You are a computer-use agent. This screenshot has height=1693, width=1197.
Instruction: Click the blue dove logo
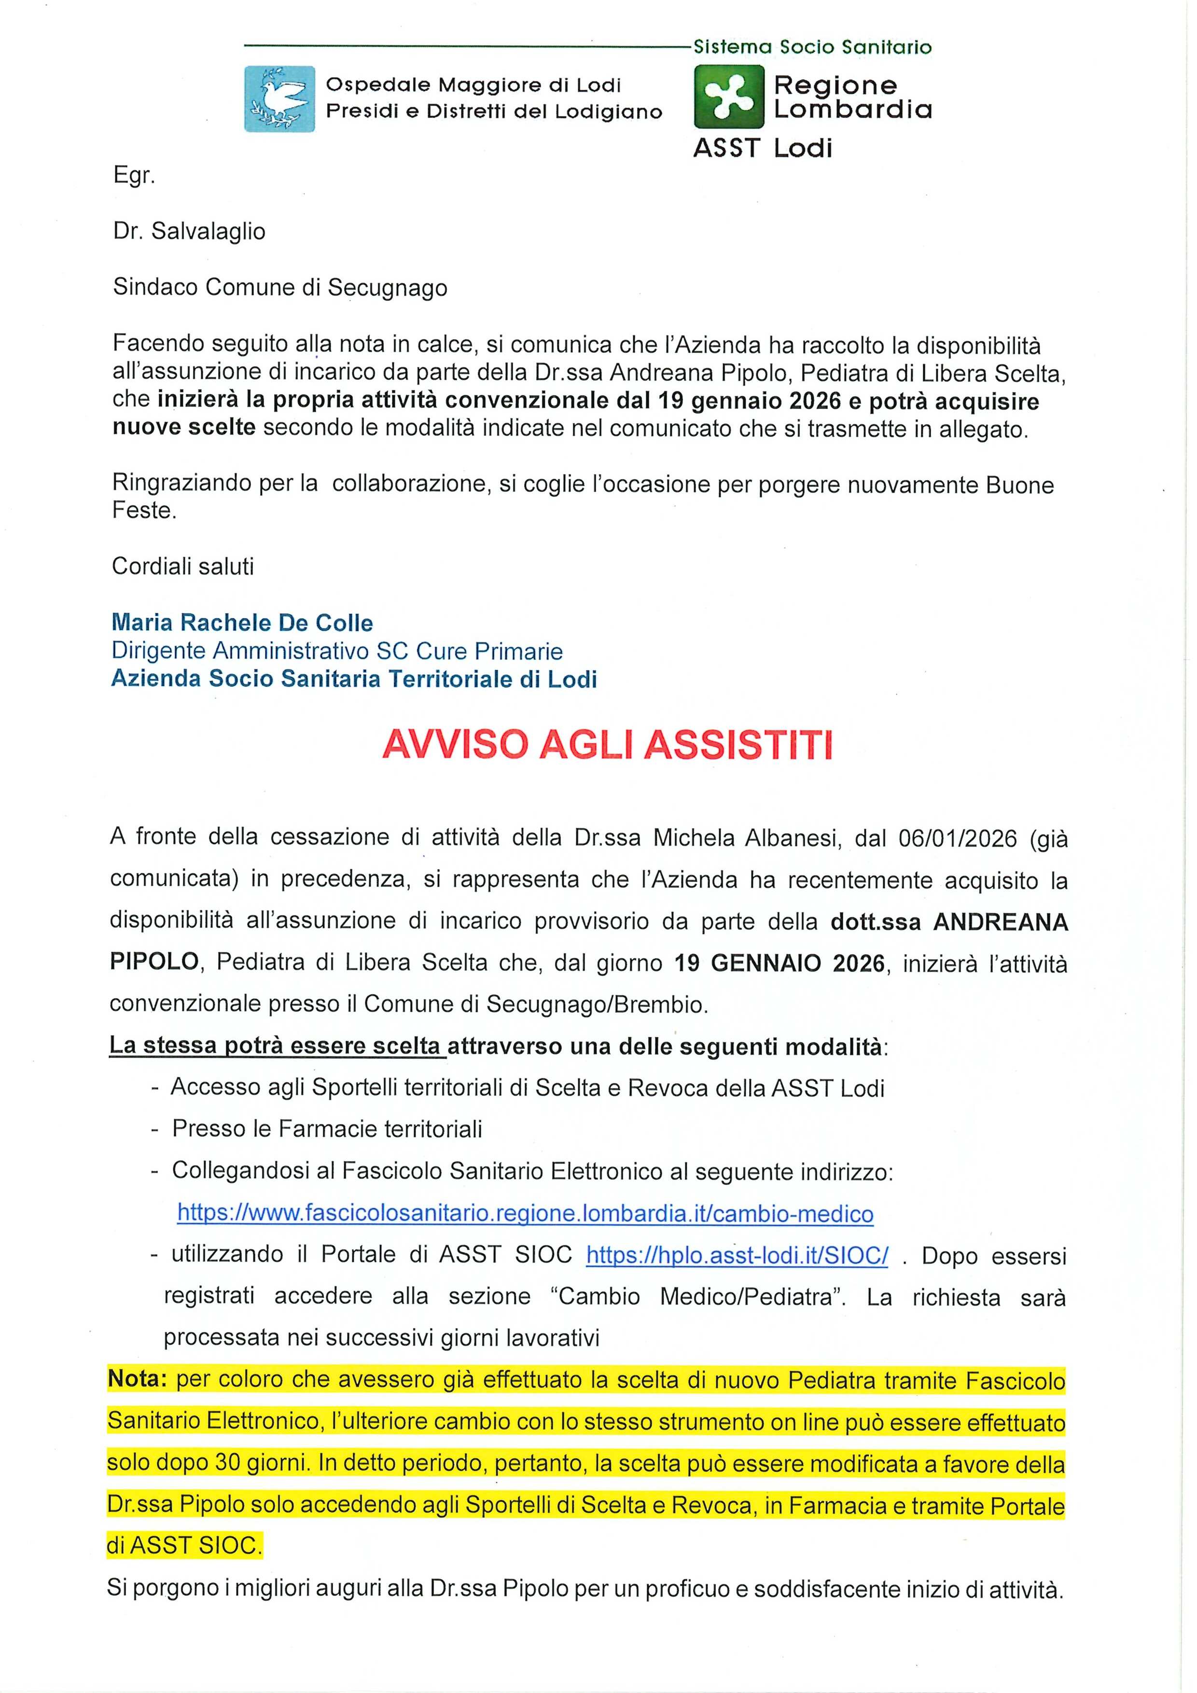[x=279, y=99]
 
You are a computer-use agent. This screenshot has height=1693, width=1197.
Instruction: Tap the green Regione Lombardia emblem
[x=729, y=97]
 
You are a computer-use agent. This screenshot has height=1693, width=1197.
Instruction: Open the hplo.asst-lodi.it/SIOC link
[x=737, y=1255]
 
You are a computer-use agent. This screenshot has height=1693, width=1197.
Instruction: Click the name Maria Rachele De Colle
[x=242, y=623]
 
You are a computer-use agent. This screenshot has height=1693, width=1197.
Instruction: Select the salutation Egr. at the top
[x=134, y=177]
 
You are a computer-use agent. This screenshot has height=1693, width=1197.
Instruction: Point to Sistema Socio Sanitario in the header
[x=812, y=47]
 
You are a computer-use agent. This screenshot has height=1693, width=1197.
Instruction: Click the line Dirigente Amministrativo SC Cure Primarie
[x=337, y=651]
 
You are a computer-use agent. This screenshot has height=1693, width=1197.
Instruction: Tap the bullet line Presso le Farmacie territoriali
[x=327, y=1129]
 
